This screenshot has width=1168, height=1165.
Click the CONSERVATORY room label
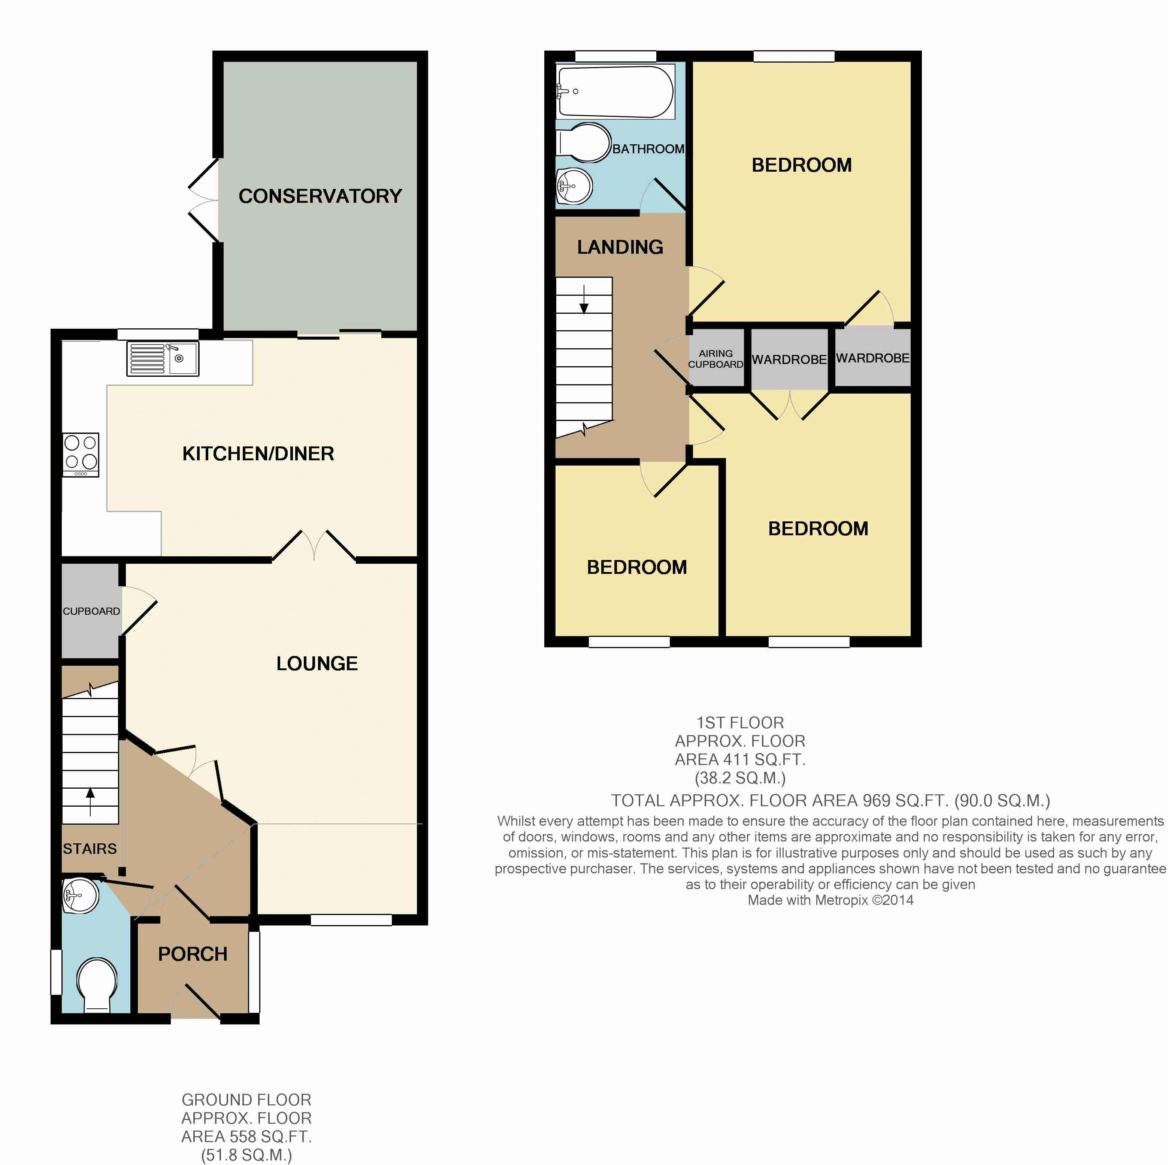[x=320, y=196]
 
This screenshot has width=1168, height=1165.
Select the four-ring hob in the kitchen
[x=81, y=452]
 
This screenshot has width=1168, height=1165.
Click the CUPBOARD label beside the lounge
[x=91, y=611]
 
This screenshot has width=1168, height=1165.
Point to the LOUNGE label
[x=317, y=663]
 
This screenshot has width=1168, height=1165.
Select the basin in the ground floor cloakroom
[x=81, y=896]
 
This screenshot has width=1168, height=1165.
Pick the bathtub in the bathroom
[x=615, y=92]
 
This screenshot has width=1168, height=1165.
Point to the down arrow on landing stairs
[x=584, y=300]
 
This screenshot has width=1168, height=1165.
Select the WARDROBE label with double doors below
[x=789, y=359]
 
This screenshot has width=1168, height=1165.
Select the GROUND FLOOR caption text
[x=246, y=1100]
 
